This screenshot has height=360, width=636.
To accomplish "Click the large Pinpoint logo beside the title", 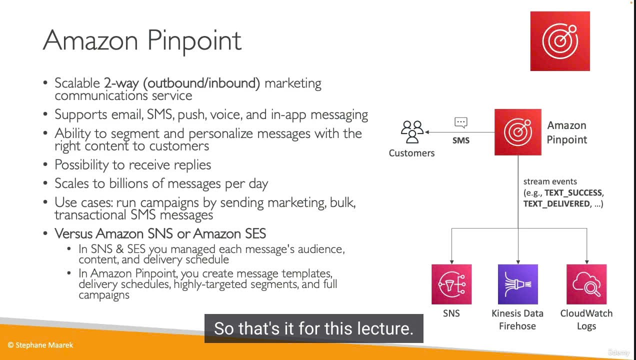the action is click(x=560, y=41).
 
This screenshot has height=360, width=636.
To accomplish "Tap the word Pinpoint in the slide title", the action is click(x=194, y=41).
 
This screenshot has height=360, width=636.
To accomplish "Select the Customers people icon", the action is click(x=412, y=132).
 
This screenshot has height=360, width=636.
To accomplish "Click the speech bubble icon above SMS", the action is click(x=461, y=122).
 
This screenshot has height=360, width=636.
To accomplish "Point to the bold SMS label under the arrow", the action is click(x=461, y=140).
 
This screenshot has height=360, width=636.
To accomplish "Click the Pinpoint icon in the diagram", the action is click(x=518, y=132).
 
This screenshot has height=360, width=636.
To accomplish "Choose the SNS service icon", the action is click(x=451, y=284).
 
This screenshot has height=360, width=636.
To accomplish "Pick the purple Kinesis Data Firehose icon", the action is click(x=518, y=284).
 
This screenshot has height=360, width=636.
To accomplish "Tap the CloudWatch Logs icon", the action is click(x=586, y=284).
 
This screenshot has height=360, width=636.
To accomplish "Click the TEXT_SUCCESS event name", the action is click(x=573, y=193).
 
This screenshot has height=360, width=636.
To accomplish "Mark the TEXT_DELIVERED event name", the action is click(x=556, y=204).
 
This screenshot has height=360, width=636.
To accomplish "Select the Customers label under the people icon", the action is click(x=411, y=153).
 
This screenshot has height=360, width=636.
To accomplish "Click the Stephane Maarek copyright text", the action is click(x=40, y=345).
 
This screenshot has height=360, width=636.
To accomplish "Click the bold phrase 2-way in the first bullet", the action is click(x=121, y=83).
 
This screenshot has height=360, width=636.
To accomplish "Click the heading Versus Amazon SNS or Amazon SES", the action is click(x=160, y=233).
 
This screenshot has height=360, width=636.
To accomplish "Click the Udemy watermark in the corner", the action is click(x=618, y=352).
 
